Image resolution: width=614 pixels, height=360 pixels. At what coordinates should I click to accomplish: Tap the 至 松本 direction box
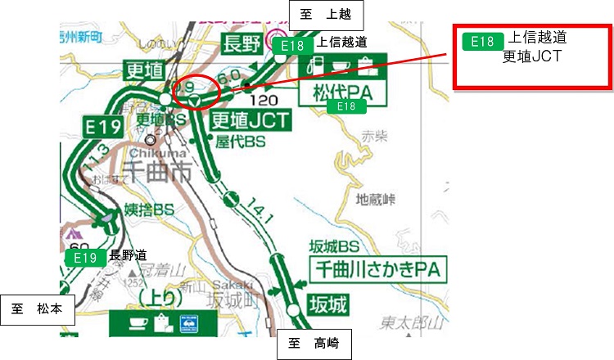click(38, 309)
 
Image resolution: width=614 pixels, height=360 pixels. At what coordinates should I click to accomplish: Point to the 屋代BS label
click(240, 141)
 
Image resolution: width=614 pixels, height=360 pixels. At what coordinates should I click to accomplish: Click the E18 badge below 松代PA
click(345, 106)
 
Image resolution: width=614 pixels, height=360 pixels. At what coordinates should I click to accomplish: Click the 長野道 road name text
click(128, 255)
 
